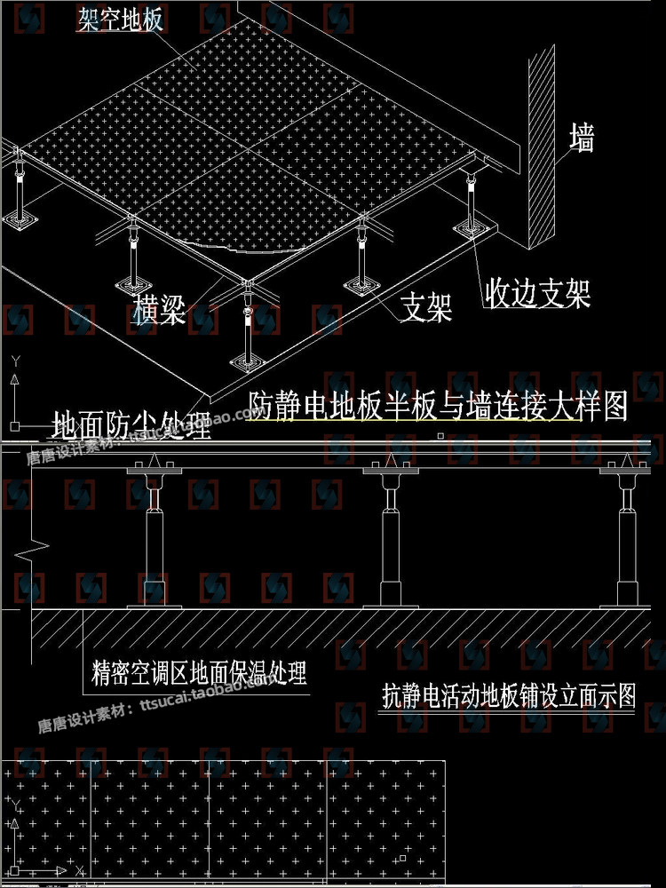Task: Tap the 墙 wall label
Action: pos(582,139)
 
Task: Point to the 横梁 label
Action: pos(160,310)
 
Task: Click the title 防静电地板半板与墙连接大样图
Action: pos(438,406)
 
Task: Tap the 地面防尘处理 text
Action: pos(131,426)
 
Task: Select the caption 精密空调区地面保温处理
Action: pos(199,673)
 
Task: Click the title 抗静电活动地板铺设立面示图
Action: pos(509,695)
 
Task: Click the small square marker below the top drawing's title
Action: pos(440,436)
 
